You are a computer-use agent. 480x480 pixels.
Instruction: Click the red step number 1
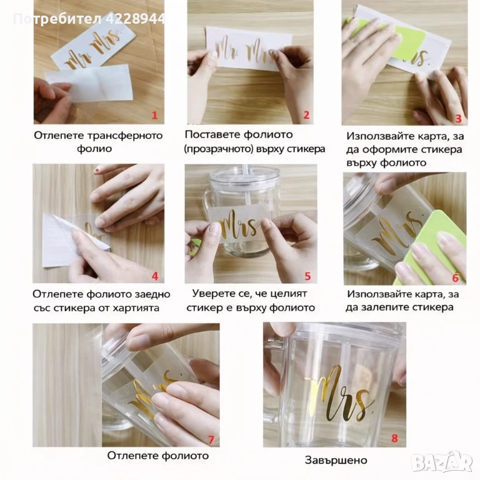coord(154,116)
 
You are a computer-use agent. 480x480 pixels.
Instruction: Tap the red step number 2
coord(306,115)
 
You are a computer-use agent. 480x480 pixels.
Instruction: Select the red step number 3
coord(458,119)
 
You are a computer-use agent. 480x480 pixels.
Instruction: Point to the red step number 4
coord(155,276)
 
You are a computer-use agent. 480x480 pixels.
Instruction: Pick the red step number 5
coord(307,276)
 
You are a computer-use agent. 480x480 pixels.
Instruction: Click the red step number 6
coord(456,278)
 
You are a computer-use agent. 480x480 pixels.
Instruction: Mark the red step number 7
coord(211,440)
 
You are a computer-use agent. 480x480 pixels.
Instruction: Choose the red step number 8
coord(394,438)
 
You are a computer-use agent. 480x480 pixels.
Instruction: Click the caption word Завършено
coord(336,460)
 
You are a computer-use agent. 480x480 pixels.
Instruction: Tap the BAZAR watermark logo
coord(442,461)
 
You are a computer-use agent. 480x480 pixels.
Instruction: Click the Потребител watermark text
coord(57,19)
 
